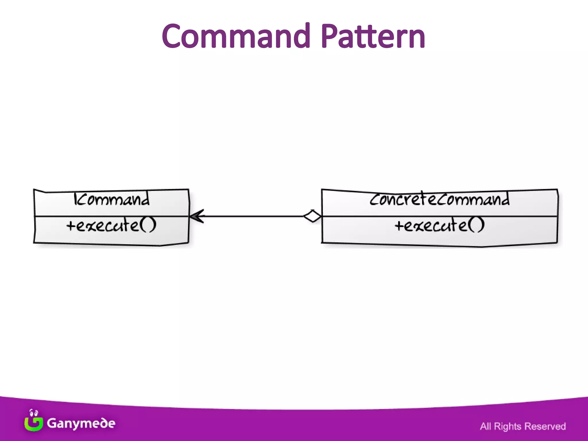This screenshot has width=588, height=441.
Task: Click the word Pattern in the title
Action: click(x=373, y=36)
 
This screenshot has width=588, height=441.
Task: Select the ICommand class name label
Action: click(x=111, y=199)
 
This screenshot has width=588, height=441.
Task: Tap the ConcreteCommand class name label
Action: click(x=439, y=199)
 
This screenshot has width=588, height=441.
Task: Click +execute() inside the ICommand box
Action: click(x=111, y=225)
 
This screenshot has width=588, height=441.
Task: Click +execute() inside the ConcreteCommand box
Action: click(x=439, y=225)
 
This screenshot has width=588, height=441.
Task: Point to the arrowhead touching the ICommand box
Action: click(x=197, y=216)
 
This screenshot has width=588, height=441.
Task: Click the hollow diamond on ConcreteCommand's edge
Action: click(x=313, y=216)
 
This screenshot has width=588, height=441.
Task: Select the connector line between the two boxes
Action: click(x=253, y=216)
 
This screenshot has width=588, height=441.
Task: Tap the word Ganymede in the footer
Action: click(x=81, y=423)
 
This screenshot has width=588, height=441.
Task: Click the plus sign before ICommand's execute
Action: click(x=71, y=226)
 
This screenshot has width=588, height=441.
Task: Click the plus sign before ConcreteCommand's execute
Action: click(x=399, y=226)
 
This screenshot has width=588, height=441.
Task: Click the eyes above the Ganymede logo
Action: click(x=34, y=413)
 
